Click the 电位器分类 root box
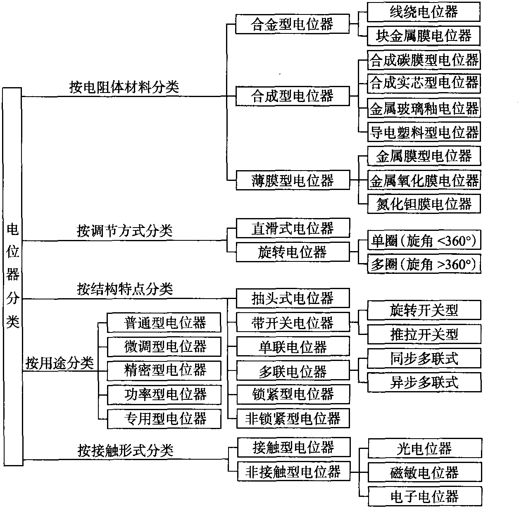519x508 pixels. tap(13, 276)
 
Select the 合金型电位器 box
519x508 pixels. tap(293, 24)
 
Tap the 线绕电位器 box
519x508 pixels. tap(424, 12)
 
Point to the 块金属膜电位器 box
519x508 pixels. tap(424, 36)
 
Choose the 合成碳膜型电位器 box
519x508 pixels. tap(424, 60)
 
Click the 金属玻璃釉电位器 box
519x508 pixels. tap(424, 108)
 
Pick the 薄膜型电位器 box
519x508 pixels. tap(293, 180)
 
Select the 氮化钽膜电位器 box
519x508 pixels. tap(424, 204)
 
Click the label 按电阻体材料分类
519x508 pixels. tap(124, 87)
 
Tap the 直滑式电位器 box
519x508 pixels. tap(293, 228)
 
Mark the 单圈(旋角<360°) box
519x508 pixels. tap(424, 240)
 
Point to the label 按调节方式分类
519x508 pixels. tap(125, 231)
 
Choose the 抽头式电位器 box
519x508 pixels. tap(293, 298)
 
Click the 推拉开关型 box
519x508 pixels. tap(424, 334)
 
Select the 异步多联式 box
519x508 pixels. tap(424, 382)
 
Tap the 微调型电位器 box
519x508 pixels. tap(164, 347)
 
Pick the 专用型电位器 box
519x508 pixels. tap(164, 419)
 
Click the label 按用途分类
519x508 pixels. tap(60, 363)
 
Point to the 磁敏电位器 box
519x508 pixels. tap(425, 472)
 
